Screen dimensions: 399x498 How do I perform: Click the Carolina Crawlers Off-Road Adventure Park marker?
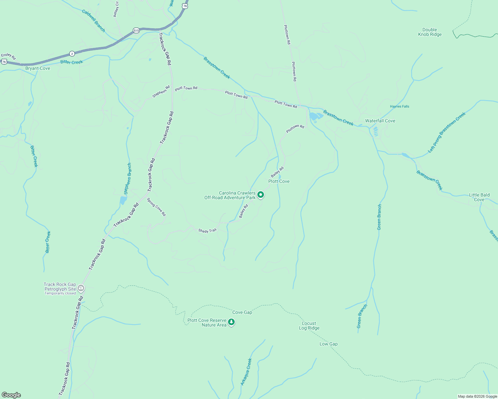pyautogui.click(x=261, y=195)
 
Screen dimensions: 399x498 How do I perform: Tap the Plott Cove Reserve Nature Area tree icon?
pyautogui.click(x=231, y=322)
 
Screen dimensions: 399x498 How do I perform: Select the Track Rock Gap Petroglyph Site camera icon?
pyautogui.click(x=81, y=289)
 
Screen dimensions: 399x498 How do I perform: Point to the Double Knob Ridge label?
pyautogui.click(x=430, y=32)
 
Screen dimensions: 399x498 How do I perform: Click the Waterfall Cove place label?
pyautogui.click(x=380, y=121)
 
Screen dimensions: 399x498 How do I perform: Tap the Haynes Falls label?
pyautogui.click(x=399, y=107)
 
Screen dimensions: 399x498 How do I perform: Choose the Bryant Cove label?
pyautogui.click(x=38, y=68)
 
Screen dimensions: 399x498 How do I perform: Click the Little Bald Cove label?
pyautogui.click(x=479, y=198)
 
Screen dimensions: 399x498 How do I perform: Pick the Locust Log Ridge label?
pyautogui.click(x=309, y=326)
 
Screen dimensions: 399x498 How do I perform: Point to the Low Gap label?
pyautogui.click(x=329, y=344)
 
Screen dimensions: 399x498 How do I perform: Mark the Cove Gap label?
pyautogui.click(x=242, y=313)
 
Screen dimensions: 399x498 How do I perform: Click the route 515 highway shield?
pyautogui.click(x=136, y=31)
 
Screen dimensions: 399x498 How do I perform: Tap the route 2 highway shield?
pyautogui.click(x=72, y=54)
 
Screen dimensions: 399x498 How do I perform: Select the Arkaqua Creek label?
pyautogui.click(x=246, y=372)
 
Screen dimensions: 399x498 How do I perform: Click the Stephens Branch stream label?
pyautogui.click(x=127, y=179)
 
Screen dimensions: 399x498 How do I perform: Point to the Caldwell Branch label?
pyautogui.click(x=94, y=21)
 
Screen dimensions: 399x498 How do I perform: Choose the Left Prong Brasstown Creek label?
pyautogui.click(x=447, y=132)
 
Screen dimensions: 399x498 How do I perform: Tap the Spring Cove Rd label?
pyautogui.click(x=156, y=207)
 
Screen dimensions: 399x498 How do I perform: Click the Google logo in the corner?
pyautogui.click(x=11, y=395)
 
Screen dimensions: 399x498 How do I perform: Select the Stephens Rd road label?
pyautogui.click(x=161, y=92)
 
